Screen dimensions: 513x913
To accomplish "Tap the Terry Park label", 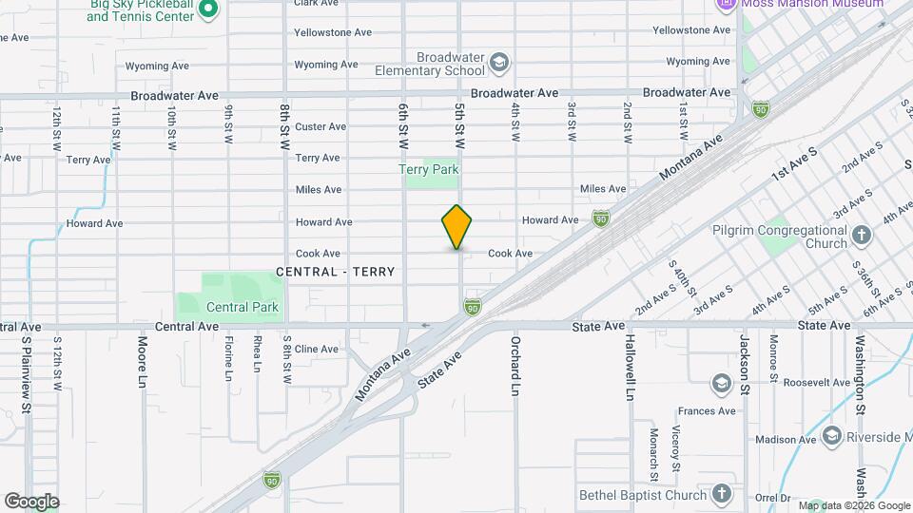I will pos(428,170).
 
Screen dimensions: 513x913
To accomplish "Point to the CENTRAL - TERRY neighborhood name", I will pos(335,272).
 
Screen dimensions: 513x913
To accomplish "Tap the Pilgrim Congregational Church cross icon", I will pos(862,235).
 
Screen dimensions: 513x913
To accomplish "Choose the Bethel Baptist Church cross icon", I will pos(722,494).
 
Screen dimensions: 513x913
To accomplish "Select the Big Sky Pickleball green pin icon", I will pos(211,9).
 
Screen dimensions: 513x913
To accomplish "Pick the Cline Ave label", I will pos(317,349).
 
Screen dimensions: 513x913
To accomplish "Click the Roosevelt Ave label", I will pos(816,382).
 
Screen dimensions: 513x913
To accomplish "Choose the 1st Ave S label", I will pos(794,163).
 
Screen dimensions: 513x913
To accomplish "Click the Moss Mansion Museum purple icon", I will pos(727,4).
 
